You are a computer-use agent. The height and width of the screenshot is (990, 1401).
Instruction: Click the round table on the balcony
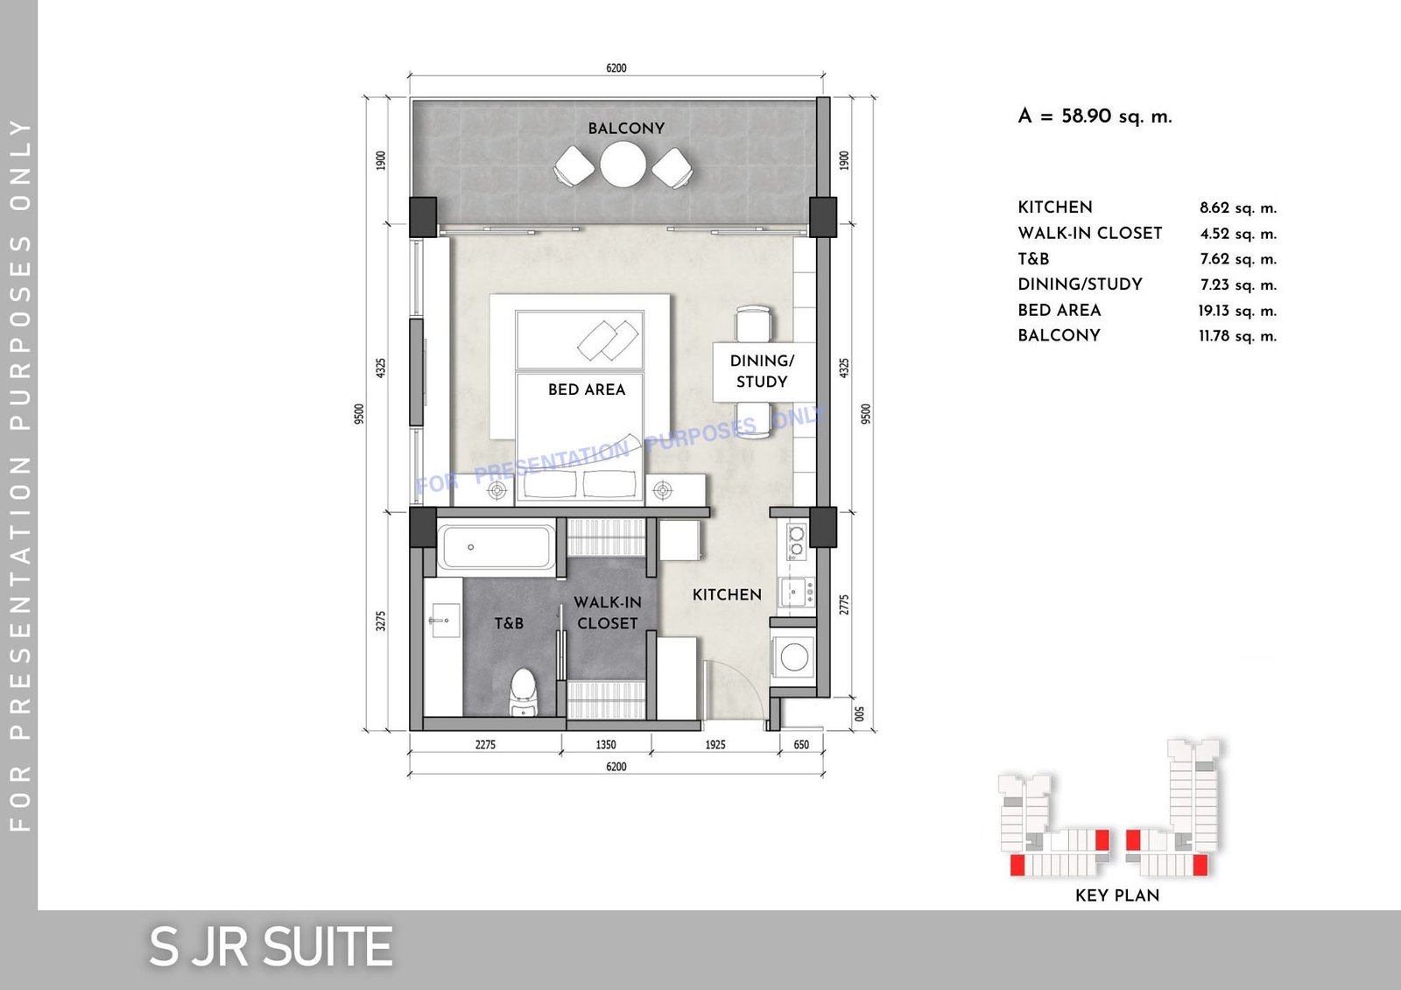[623, 165]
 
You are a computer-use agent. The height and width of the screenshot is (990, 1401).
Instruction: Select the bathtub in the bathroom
[496, 547]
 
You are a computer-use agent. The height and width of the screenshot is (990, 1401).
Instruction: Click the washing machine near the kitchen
[793, 656]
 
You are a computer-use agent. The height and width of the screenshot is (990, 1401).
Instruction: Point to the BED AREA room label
[587, 390]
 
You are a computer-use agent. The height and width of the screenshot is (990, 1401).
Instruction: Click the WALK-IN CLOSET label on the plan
[608, 613]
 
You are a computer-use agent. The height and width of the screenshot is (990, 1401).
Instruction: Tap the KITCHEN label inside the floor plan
[727, 594]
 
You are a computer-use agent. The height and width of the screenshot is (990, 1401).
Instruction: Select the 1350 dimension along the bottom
[605, 744]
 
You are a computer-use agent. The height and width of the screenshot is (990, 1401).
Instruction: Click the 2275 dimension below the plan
[485, 744]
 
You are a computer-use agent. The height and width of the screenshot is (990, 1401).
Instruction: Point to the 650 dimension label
[801, 744]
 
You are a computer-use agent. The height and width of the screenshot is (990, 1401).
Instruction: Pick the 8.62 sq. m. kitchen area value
[1238, 208]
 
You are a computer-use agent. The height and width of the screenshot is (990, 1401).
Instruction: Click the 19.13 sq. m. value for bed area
[1238, 311]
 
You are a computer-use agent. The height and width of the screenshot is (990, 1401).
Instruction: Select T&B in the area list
[1033, 259]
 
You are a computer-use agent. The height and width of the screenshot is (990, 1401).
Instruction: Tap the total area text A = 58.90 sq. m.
[1095, 116]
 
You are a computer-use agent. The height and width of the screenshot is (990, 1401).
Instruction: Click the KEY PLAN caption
[1117, 895]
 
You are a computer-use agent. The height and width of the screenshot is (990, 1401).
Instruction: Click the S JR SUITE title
[271, 947]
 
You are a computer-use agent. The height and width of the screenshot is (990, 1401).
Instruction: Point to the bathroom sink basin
[444, 621]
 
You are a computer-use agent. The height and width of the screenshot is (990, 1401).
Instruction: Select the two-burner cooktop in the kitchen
[796, 542]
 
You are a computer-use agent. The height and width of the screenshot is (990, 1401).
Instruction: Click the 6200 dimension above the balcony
[616, 67]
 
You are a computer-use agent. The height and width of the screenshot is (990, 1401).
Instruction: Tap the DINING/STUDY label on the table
[762, 371]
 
